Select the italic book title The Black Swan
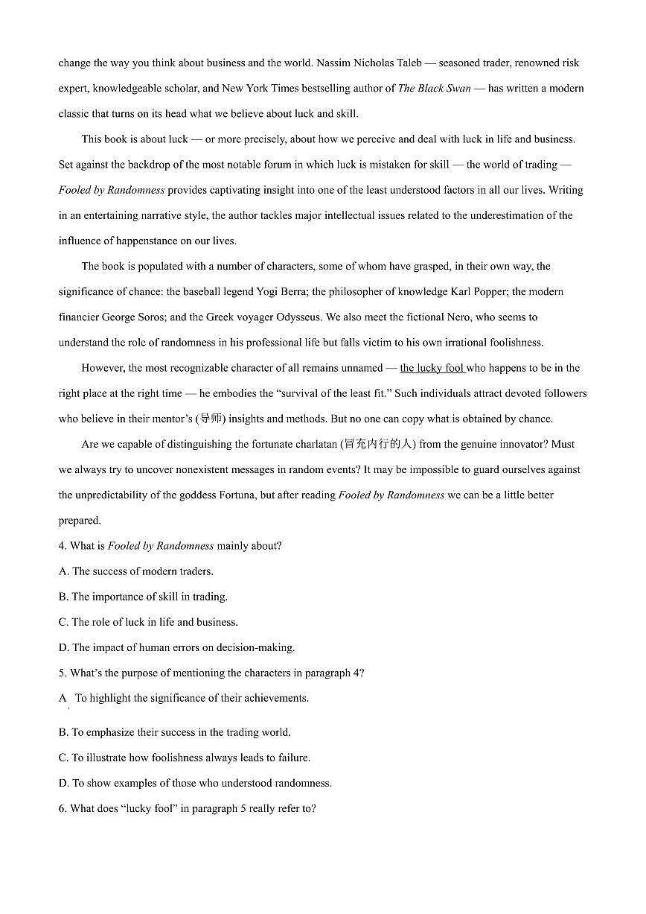(x=435, y=89)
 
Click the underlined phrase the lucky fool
(x=432, y=368)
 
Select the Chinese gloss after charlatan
(x=378, y=445)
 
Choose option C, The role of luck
(x=148, y=622)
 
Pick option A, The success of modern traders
(x=136, y=571)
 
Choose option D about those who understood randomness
(x=195, y=783)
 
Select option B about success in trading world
(x=175, y=732)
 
